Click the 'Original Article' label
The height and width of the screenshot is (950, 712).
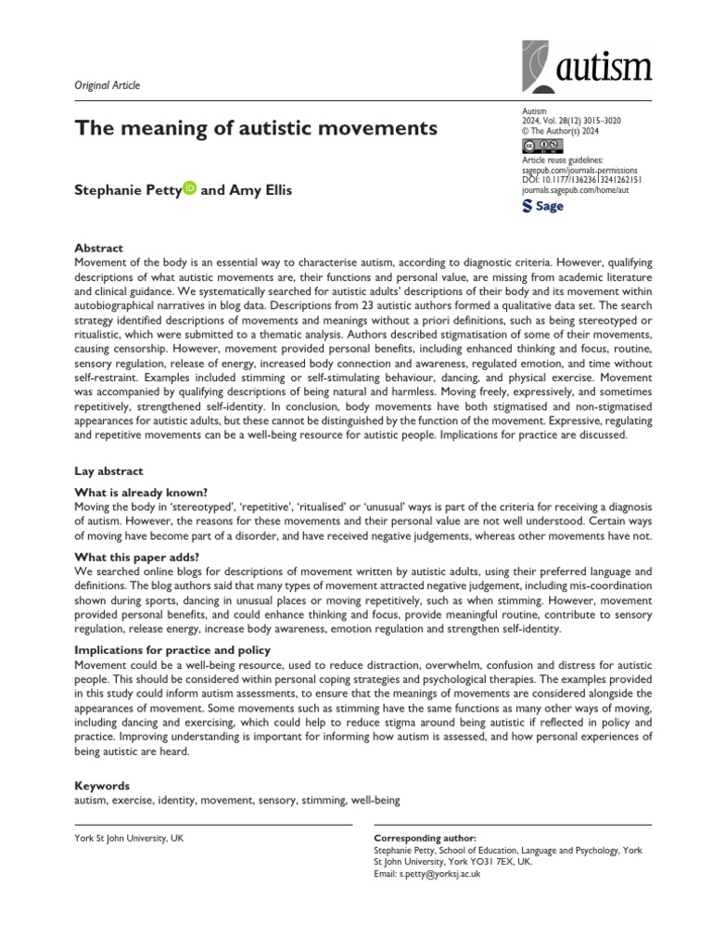pos(107,85)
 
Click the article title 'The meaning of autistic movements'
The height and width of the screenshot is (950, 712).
pos(255,128)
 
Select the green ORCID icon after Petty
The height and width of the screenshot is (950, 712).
pos(190,188)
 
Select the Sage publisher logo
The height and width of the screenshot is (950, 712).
pos(544,206)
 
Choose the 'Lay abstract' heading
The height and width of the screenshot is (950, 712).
pos(108,471)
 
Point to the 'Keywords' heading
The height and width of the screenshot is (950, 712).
pos(101,785)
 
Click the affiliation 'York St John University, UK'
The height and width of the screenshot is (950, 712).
pos(128,838)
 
